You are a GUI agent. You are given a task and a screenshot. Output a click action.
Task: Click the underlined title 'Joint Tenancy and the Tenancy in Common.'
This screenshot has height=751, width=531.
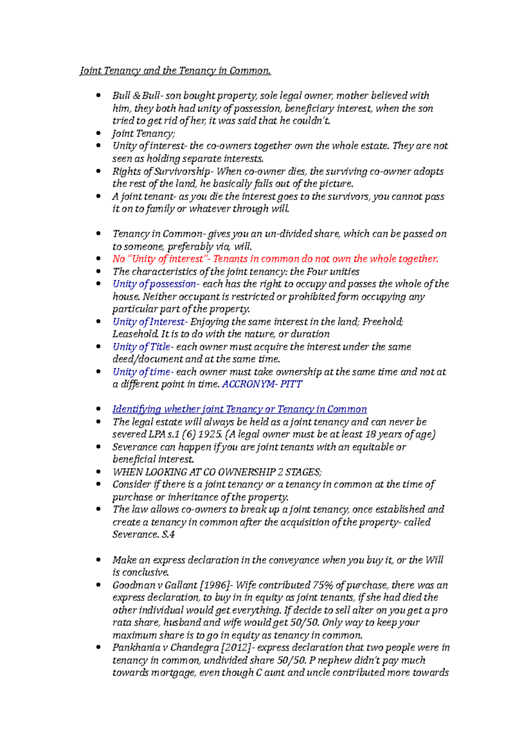point(175,71)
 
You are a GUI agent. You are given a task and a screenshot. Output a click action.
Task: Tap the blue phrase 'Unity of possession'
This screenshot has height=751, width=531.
point(154,284)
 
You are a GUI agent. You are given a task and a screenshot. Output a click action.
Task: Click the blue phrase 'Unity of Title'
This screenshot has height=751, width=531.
point(141,347)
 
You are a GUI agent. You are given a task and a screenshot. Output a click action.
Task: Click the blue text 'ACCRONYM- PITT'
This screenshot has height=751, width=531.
point(262,384)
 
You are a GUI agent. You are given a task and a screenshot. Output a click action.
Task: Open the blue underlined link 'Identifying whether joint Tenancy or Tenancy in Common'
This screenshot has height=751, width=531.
point(239,410)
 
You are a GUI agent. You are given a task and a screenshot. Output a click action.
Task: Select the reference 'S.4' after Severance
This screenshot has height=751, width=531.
point(168,535)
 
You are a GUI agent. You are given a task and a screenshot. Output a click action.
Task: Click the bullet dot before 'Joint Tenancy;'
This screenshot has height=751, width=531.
point(98,133)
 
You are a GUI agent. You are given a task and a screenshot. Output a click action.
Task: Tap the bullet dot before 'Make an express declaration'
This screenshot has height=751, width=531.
point(98,559)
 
